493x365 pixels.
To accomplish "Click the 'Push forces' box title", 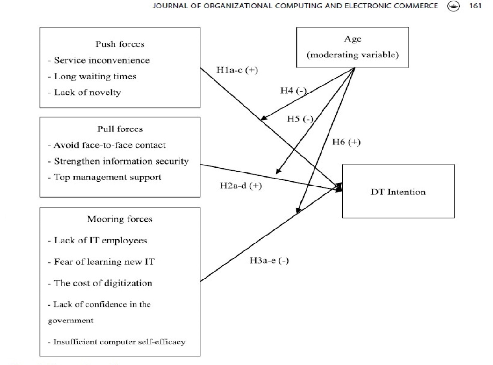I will click(x=119, y=45).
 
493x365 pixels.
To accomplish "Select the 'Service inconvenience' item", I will click(x=101, y=60).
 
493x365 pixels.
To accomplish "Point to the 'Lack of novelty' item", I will click(x=87, y=92).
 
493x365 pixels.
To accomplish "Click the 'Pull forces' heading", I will click(x=120, y=129).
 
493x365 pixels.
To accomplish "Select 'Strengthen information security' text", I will click(x=121, y=161).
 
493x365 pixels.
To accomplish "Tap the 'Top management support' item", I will click(x=107, y=177).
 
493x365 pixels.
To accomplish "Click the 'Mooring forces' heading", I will click(x=120, y=219).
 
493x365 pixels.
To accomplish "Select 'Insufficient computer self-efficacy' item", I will click(x=116, y=342).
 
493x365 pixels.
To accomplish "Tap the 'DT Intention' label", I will click(x=398, y=192).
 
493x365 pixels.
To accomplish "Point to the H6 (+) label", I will click(x=346, y=142).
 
